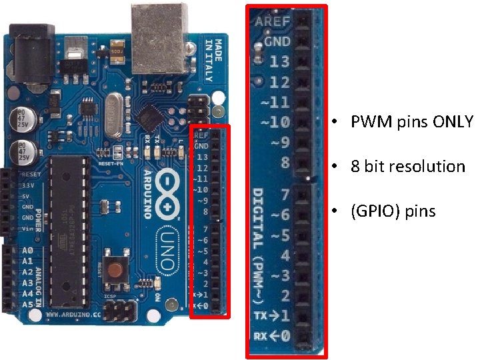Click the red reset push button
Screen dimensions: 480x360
(119, 271)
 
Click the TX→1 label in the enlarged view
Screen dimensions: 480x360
(271, 315)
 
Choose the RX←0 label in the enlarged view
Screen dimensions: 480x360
(271, 336)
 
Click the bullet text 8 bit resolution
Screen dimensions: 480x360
(407, 166)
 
